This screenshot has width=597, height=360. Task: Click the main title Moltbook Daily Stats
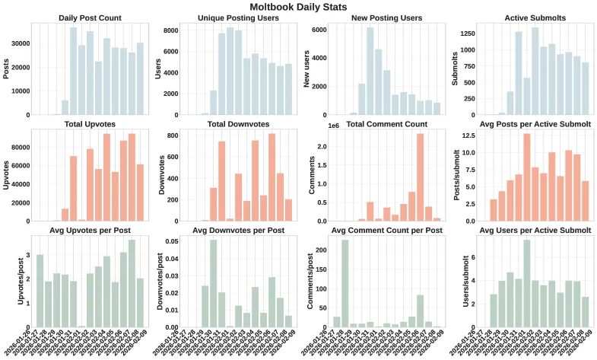click(x=298, y=6)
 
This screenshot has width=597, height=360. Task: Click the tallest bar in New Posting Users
click(x=370, y=71)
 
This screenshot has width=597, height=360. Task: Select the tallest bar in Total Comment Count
click(x=420, y=177)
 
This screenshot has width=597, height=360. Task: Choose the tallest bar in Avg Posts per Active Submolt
click(x=526, y=177)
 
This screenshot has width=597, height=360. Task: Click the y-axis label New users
click(x=306, y=69)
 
